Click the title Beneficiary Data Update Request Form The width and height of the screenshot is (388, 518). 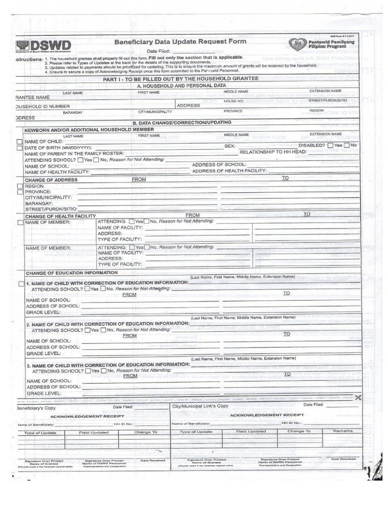pos(180,41)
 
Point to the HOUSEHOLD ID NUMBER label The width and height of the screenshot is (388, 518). pos(42,106)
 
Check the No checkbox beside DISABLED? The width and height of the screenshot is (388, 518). pos(347,146)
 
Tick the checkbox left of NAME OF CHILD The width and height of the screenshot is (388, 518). pos(20,142)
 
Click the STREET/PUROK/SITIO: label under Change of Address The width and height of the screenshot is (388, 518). pos(52,208)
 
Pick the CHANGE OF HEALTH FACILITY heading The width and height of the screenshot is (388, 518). pos(57,217)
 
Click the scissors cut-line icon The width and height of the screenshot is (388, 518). pos(358,397)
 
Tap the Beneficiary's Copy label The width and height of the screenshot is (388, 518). pos(36,407)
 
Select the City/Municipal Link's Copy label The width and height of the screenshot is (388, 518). pos(200,406)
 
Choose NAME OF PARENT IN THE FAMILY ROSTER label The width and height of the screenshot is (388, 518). pos(74,153)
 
